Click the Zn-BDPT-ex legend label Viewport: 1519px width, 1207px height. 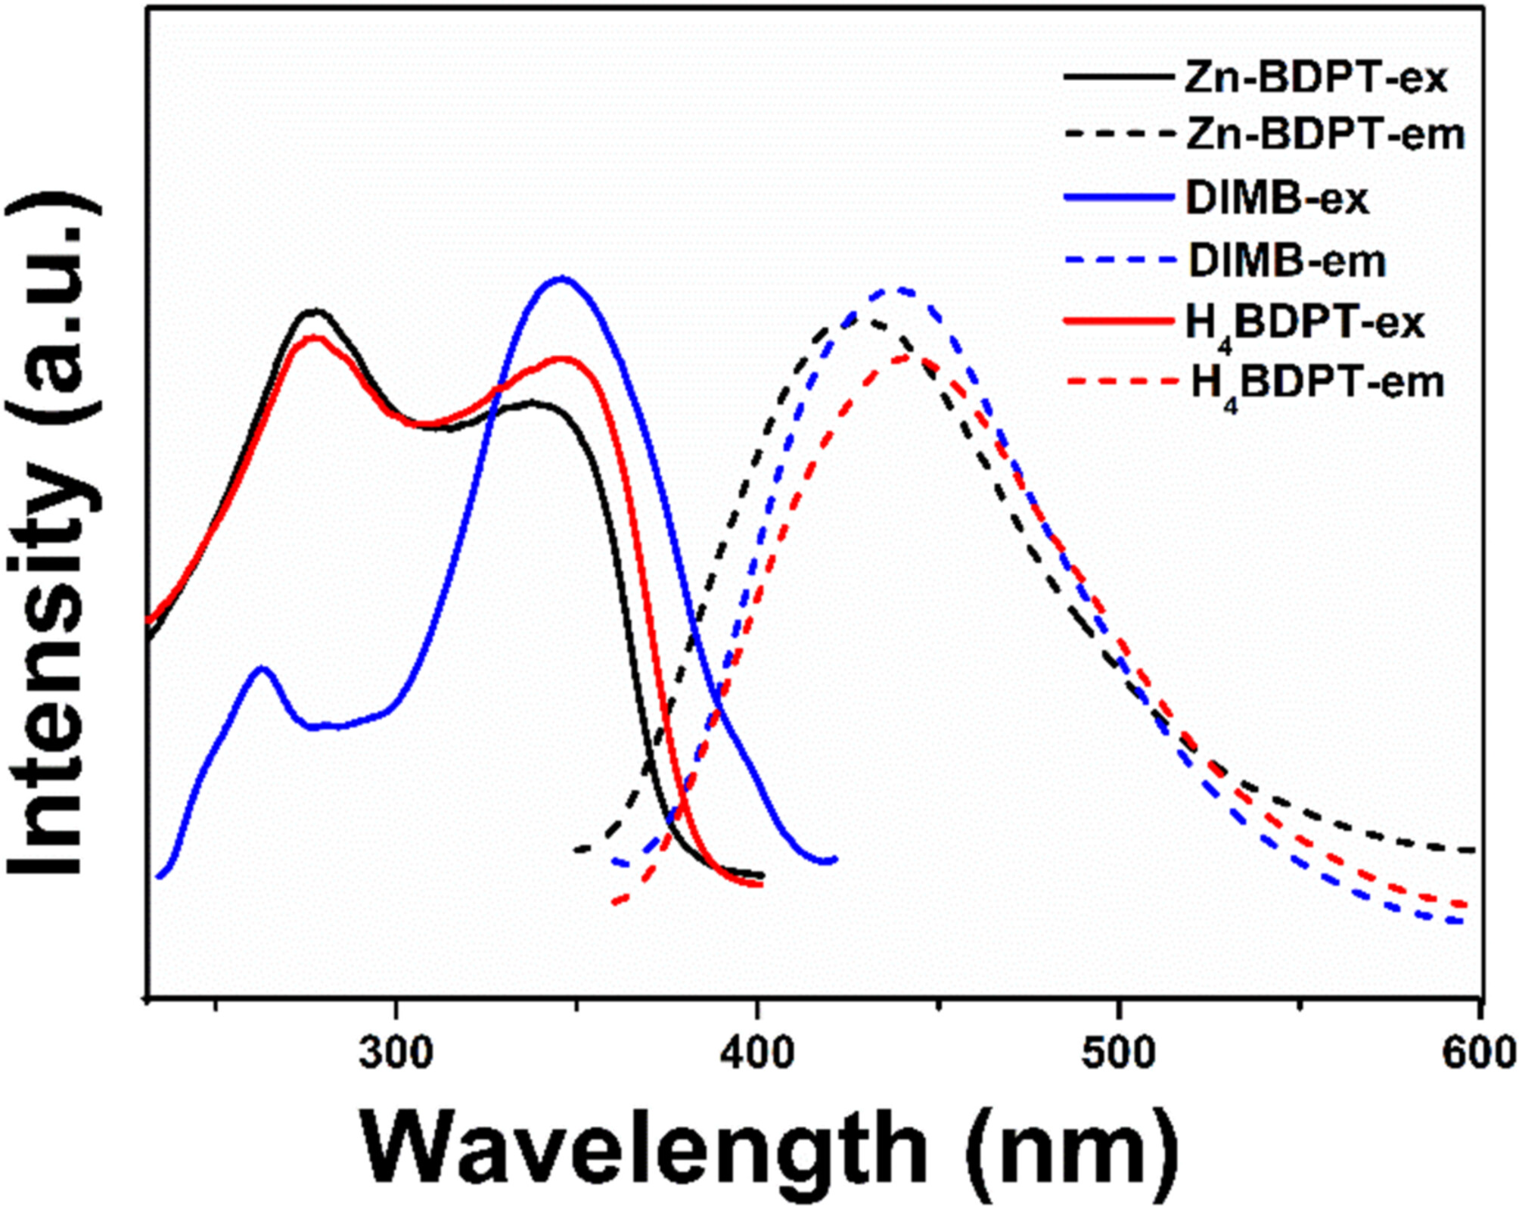(1315, 78)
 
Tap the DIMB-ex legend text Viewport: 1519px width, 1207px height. (1277, 199)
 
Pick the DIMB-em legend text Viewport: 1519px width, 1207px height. (1287, 261)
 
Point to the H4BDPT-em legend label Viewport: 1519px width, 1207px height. (1317, 384)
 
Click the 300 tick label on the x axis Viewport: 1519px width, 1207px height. (396, 1053)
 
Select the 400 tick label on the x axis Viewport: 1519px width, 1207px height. (757, 1053)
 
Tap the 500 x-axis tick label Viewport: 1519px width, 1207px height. (1118, 1053)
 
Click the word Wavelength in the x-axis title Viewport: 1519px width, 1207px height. (644, 1149)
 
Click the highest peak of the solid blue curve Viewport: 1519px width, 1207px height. (562, 278)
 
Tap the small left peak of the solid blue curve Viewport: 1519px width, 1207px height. (262, 668)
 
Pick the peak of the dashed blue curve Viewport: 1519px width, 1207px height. (900, 289)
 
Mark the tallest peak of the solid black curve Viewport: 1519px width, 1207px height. (315, 310)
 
